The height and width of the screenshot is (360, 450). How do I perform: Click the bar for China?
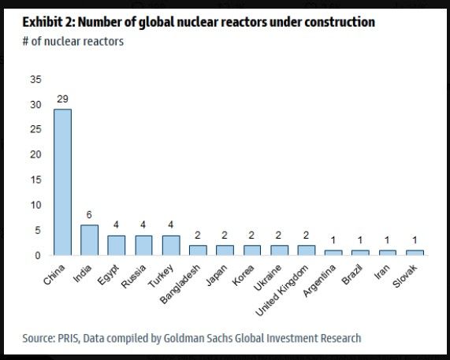pyautogui.click(x=62, y=182)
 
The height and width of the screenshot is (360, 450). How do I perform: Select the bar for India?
pyautogui.click(x=89, y=239)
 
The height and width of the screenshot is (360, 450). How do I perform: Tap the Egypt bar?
pyautogui.click(x=116, y=245)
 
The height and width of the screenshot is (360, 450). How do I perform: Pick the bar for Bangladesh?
pyautogui.click(x=198, y=250)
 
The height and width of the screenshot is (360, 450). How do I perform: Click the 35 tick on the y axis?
pyautogui.click(x=34, y=80)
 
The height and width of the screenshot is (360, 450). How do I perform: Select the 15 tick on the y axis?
pyautogui.click(x=34, y=180)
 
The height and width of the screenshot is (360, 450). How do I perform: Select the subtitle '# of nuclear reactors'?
pyautogui.click(x=73, y=41)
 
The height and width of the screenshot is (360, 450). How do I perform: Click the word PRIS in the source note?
pyautogui.click(x=73, y=338)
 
